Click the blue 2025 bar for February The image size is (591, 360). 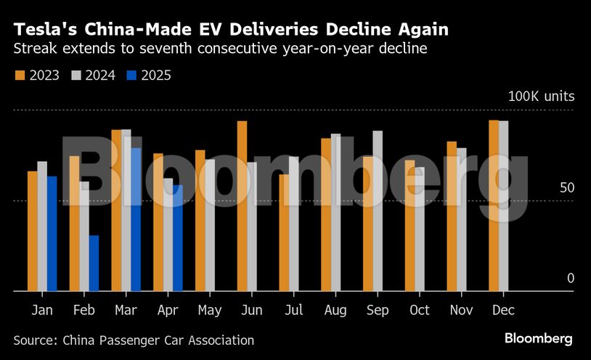pyautogui.click(x=94, y=263)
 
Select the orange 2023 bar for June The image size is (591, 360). pyautogui.click(x=242, y=206)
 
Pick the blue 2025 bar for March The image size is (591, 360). pyautogui.click(x=136, y=219)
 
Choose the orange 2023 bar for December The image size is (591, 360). pyautogui.click(x=494, y=205)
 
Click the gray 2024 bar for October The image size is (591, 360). pyautogui.click(x=420, y=229)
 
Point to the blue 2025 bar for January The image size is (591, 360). pyautogui.click(x=52, y=233)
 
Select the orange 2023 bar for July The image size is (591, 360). pyautogui.click(x=284, y=232)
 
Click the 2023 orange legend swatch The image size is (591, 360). pyautogui.click(x=20, y=75)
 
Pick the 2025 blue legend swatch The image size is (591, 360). pyautogui.click(x=132, y=75)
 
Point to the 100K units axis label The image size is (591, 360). pyautogui.click(x=541, y=97)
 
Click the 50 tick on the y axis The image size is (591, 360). pyautogui.click(x=567, y=188)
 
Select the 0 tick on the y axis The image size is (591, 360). pyautogui.click(x=571, y=279)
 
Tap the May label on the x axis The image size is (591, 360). pyautogui.click(x=210, y=310)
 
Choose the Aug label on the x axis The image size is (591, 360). pyautogui.click(x=335, y=310)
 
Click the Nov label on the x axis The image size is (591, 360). pyautogui.click(x=461, y=310)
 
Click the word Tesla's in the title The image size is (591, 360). pyautogui.click(x=46, y=30)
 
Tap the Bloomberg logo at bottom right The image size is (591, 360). pyautogui.click(x=539, y=339)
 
